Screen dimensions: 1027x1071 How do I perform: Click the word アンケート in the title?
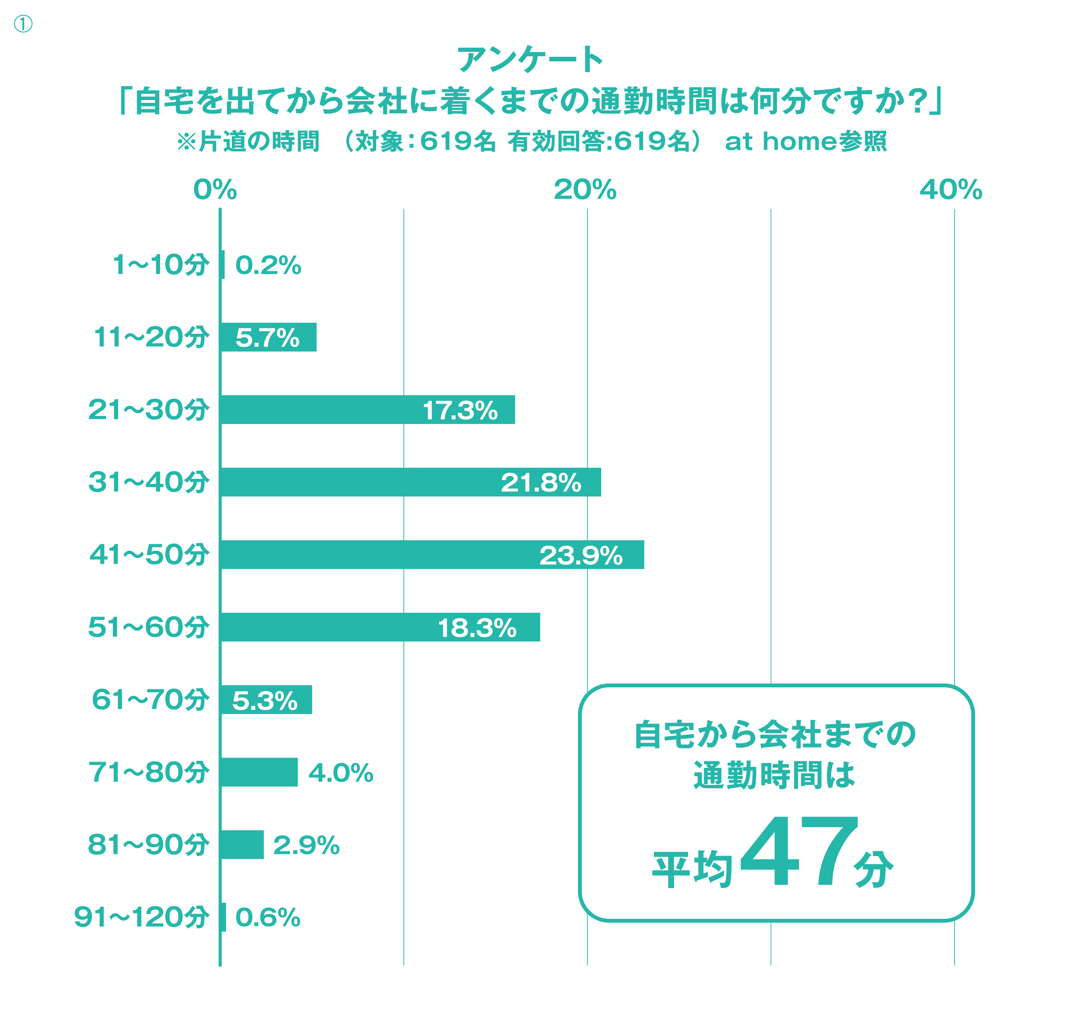[x=530, y=59]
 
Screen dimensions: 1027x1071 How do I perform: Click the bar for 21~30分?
[x=367, y=409]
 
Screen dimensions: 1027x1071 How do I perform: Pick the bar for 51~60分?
[x=380, y=627]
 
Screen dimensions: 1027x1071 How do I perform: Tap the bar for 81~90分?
[x=242, y=844]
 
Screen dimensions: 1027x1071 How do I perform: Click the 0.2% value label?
[x=268, y=266]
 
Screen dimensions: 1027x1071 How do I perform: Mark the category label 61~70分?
[x=150, y=699]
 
